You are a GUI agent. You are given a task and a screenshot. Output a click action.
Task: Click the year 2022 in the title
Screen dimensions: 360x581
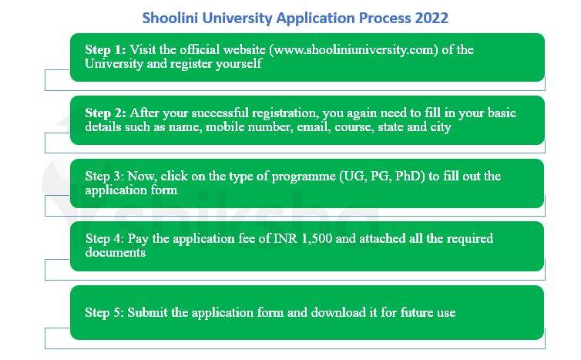pyautogui.click(x=430, y=17)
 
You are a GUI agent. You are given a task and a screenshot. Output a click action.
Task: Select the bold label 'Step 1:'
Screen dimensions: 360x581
pyautogui.click(x=106, y=50)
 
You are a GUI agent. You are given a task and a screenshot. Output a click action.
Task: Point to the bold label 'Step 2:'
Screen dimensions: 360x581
pyautogui.click(x=106, y=113)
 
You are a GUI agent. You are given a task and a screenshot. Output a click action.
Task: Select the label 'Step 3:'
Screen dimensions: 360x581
pyautogui.click(x=105, y=176)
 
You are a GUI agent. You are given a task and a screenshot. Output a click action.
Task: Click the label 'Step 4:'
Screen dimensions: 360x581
pyautogui.click(x=105, y=239)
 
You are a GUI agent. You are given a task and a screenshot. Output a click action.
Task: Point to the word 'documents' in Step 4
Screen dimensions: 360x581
pyautogui.click(x=116, y=252)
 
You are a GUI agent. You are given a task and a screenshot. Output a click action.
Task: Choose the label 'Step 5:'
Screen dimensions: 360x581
pyautogui.click(x=105, y=312)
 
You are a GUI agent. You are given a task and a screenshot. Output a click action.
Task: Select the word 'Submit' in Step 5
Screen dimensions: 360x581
pyautogui.click(x=147, y=312)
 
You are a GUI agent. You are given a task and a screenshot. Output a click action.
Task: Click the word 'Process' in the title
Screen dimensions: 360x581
pyautogui.click(x=385, y=17)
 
